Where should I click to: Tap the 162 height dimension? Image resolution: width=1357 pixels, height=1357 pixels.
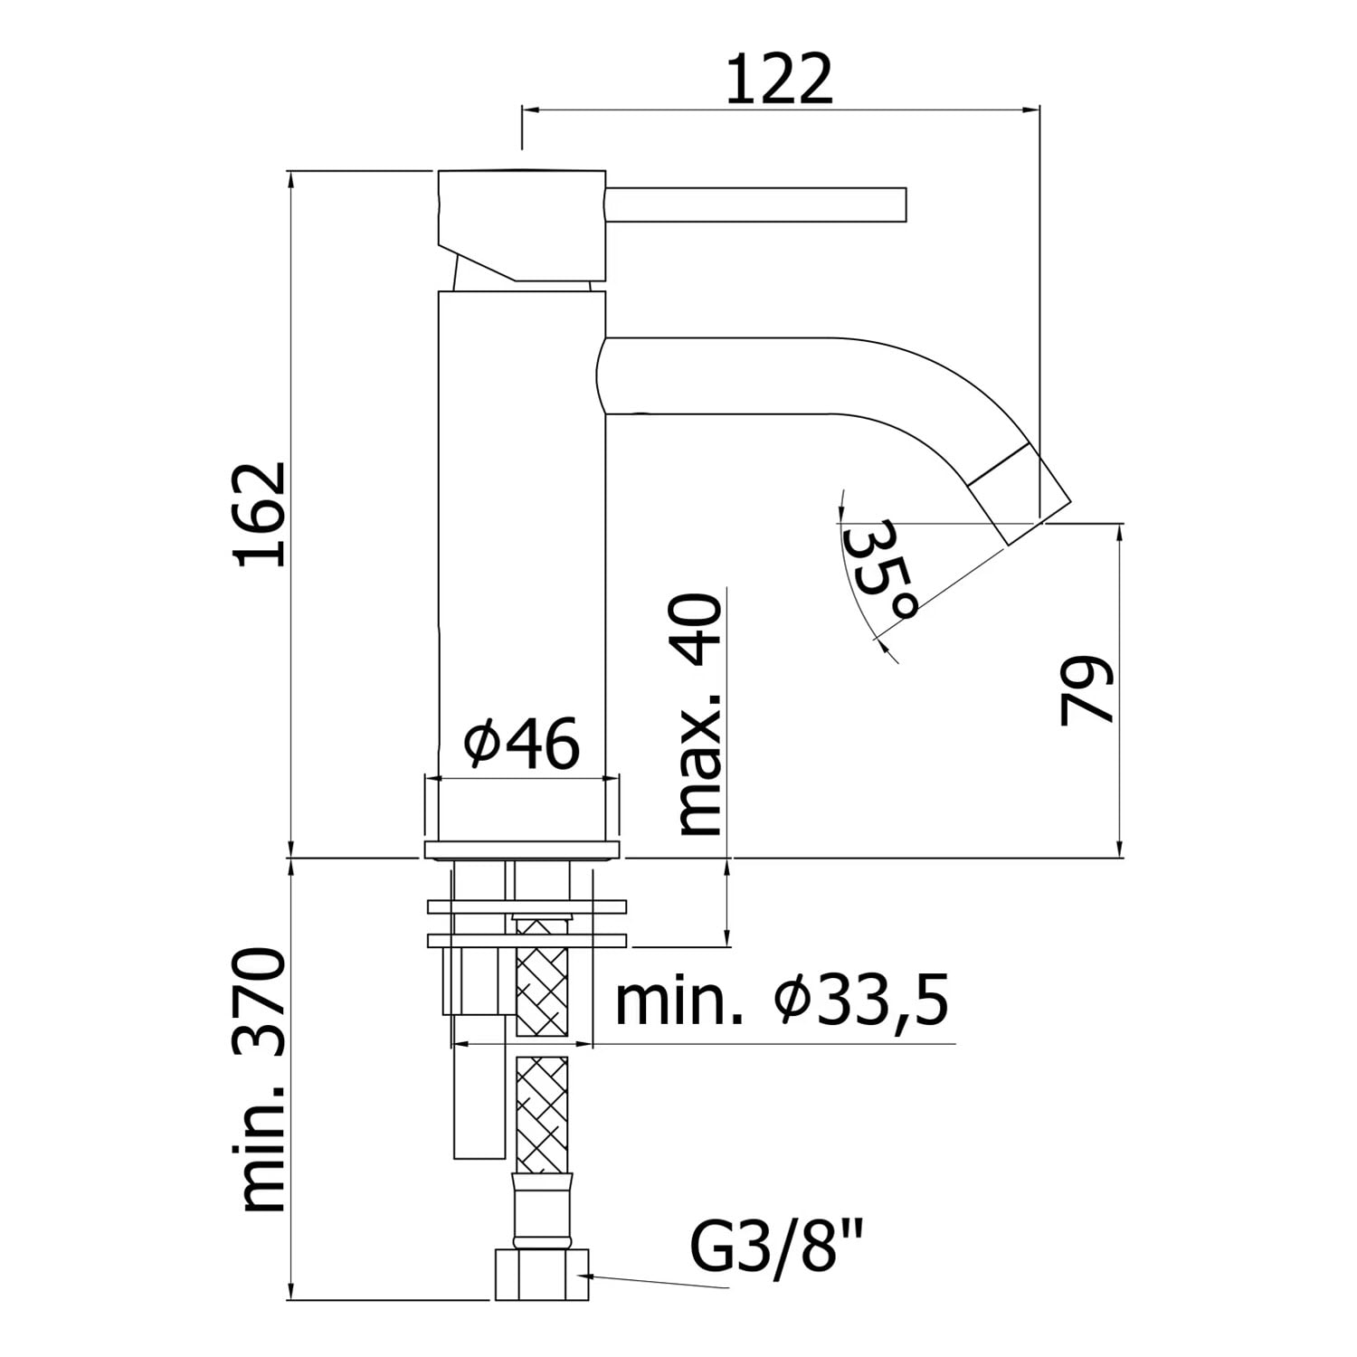point(261,514)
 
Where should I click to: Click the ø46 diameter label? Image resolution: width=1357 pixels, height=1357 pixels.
point(521,744)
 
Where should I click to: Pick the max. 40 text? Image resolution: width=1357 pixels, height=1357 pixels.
point(699,716)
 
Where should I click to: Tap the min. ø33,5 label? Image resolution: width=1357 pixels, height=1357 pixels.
point(782,1001)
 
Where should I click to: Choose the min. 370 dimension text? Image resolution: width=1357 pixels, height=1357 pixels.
point(261,1079)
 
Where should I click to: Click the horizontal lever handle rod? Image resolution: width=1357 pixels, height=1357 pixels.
point(755,204)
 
